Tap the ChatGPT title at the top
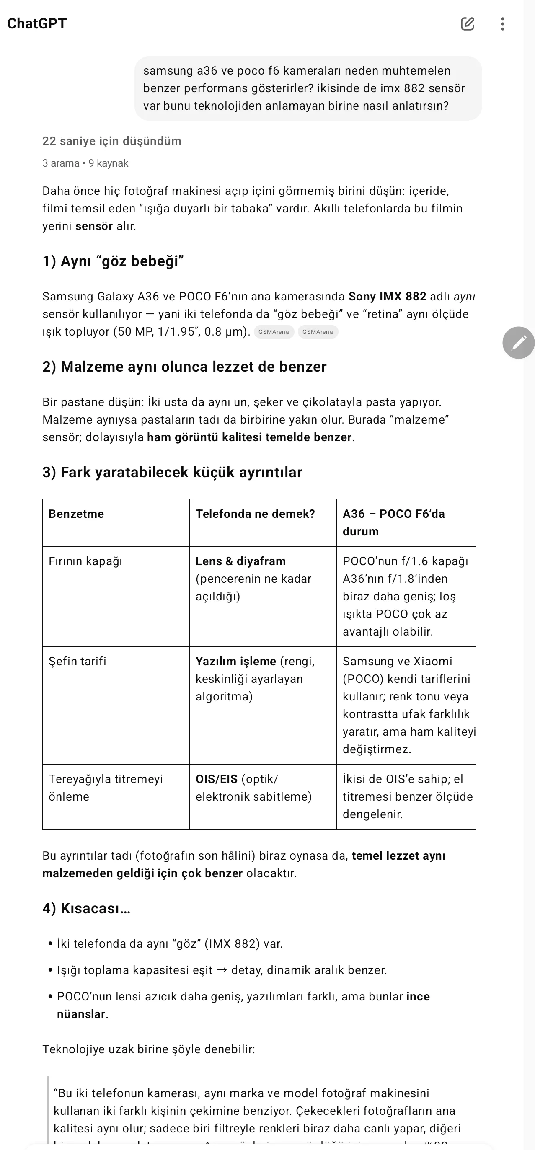pos(36,23)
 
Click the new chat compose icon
pos(467,23)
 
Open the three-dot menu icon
pos(503,23)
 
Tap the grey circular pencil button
pos(518,342)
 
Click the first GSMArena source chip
pos(274,332)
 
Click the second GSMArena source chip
pos(318,332)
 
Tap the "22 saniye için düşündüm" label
pos(111,141)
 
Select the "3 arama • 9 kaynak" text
pos(85,163)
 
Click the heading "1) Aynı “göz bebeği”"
pos(113,261)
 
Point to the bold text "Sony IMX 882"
pos(387,297)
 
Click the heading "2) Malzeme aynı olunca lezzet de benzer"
pos(184,367)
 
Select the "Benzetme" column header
pos(76,514)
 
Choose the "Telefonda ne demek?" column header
pos(255,514)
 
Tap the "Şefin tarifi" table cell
pos(77,661)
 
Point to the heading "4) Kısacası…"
pos(86,909)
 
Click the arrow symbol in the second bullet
pos(222,970)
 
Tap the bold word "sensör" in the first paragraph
pos(94,226)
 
